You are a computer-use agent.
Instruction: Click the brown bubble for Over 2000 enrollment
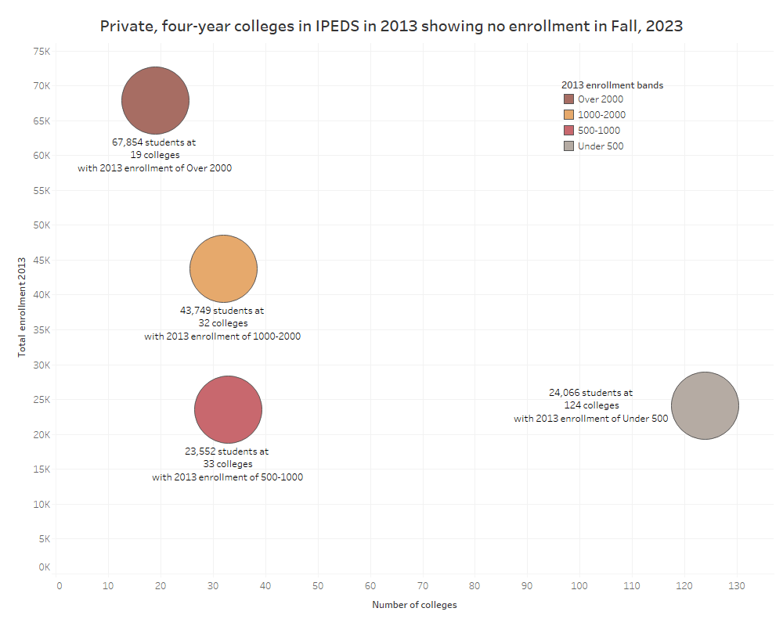tap(156, 100)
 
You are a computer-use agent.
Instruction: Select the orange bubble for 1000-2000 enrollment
tap(223, 268)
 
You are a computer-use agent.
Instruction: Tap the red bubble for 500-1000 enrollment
tap(228, 409)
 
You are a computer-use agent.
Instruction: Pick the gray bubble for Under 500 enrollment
tap(705, 405)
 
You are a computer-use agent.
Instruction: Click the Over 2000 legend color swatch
tap(568, 99)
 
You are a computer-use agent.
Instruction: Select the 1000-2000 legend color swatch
tap(568, 115)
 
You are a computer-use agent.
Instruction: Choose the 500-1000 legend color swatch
tap(568, 131)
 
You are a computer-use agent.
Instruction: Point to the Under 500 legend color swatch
tap(568, 146)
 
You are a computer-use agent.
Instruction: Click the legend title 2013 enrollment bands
tap(612, 85)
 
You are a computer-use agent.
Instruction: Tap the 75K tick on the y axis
tap(41, 51)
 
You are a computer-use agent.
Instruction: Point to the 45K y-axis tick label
tap(41, 260)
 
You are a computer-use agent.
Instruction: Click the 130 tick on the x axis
tap(736, 586)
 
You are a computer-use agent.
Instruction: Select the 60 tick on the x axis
tap(370, 586)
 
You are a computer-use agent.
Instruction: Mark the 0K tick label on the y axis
tap(43, 567)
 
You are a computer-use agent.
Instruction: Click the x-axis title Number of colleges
tap(414, 605)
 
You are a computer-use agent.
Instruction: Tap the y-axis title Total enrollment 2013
tap(22, 306)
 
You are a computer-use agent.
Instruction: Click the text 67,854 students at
tap(154, 143)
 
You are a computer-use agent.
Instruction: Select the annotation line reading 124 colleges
tap(591, 405)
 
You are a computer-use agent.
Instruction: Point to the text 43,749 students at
tap(222, 311)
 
